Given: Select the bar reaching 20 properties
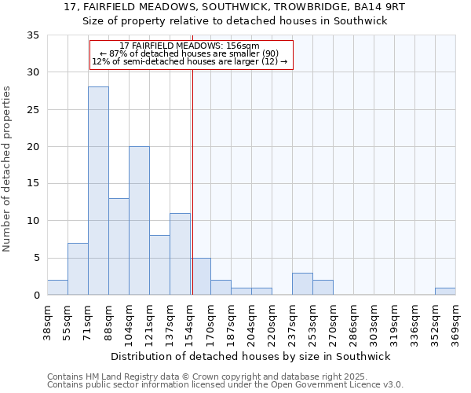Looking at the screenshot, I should click(x=139, y=221).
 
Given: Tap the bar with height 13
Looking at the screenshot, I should click(x=119, y=247).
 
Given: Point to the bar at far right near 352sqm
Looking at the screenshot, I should click(x=445, y=291).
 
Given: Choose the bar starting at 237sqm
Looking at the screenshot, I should click(x=302, y=284).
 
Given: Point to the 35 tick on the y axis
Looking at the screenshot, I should click(x=33, y=35).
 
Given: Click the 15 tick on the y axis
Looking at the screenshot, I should click(x=33, y=184).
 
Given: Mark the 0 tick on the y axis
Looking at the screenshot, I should click(x=36, y=296).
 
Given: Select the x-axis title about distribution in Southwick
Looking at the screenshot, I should click(x=250, y=356).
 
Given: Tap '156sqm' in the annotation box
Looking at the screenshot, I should click(x=244, y=46).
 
